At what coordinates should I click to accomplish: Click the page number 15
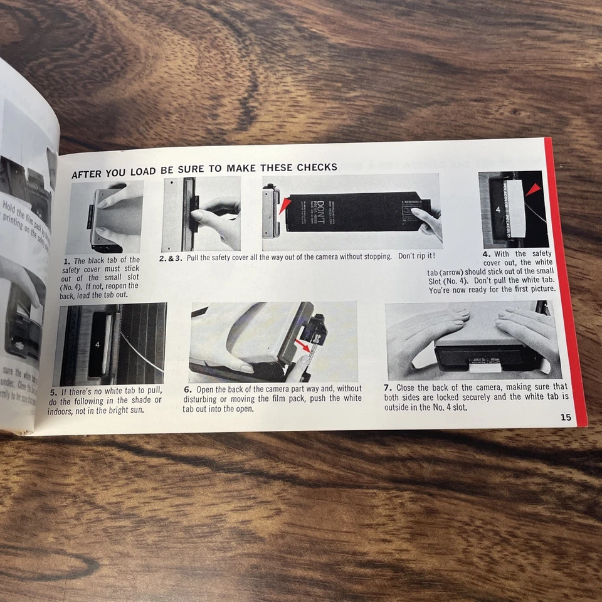point(565,418)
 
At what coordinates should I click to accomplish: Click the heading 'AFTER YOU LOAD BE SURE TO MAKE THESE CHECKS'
point(204,167)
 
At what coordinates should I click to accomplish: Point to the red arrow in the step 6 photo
point(303,346)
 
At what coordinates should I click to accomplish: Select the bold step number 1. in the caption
point(67,260)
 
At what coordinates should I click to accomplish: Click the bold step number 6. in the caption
point(187,389)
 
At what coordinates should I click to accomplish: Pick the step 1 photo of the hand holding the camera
point(104,217)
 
